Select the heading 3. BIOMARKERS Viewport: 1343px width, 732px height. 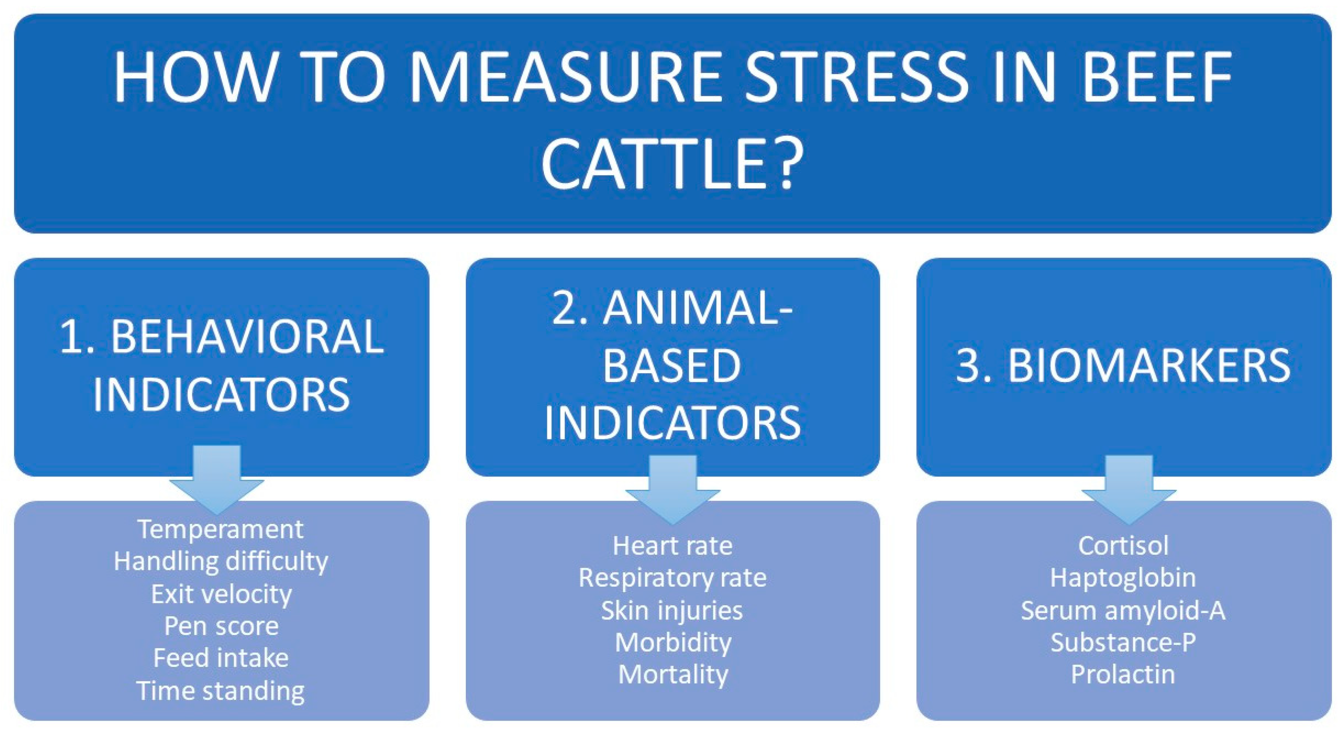1123,366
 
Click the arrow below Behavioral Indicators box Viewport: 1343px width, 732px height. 217,480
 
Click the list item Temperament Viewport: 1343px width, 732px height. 220,530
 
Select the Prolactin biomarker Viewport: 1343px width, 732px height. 1123,675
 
